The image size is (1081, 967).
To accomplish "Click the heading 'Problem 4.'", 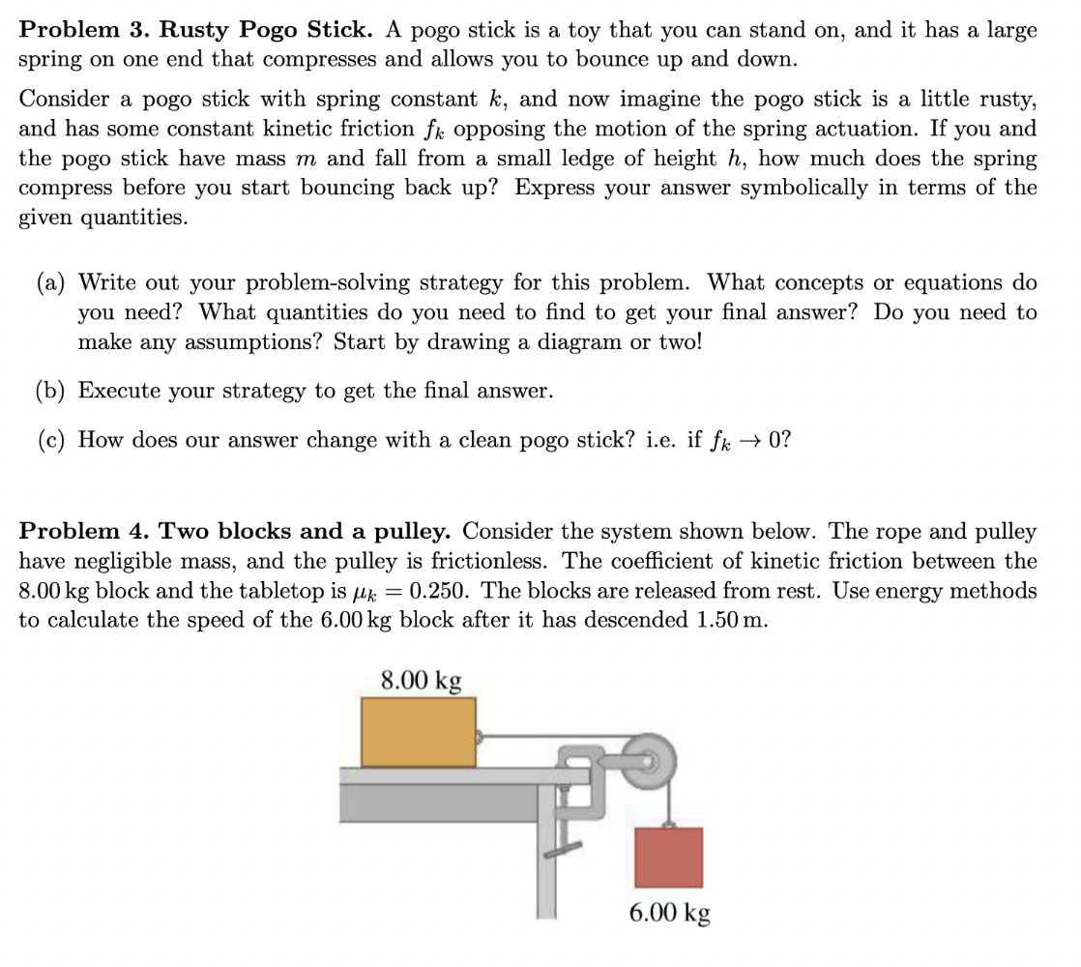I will coord(84,532).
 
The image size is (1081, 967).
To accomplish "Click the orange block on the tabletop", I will coord(418,732).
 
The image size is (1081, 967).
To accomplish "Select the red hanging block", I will coord(668,856).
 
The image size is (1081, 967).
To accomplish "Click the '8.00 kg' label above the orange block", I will coord(421,680).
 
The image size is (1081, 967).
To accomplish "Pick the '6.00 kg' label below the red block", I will coord(669,912).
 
